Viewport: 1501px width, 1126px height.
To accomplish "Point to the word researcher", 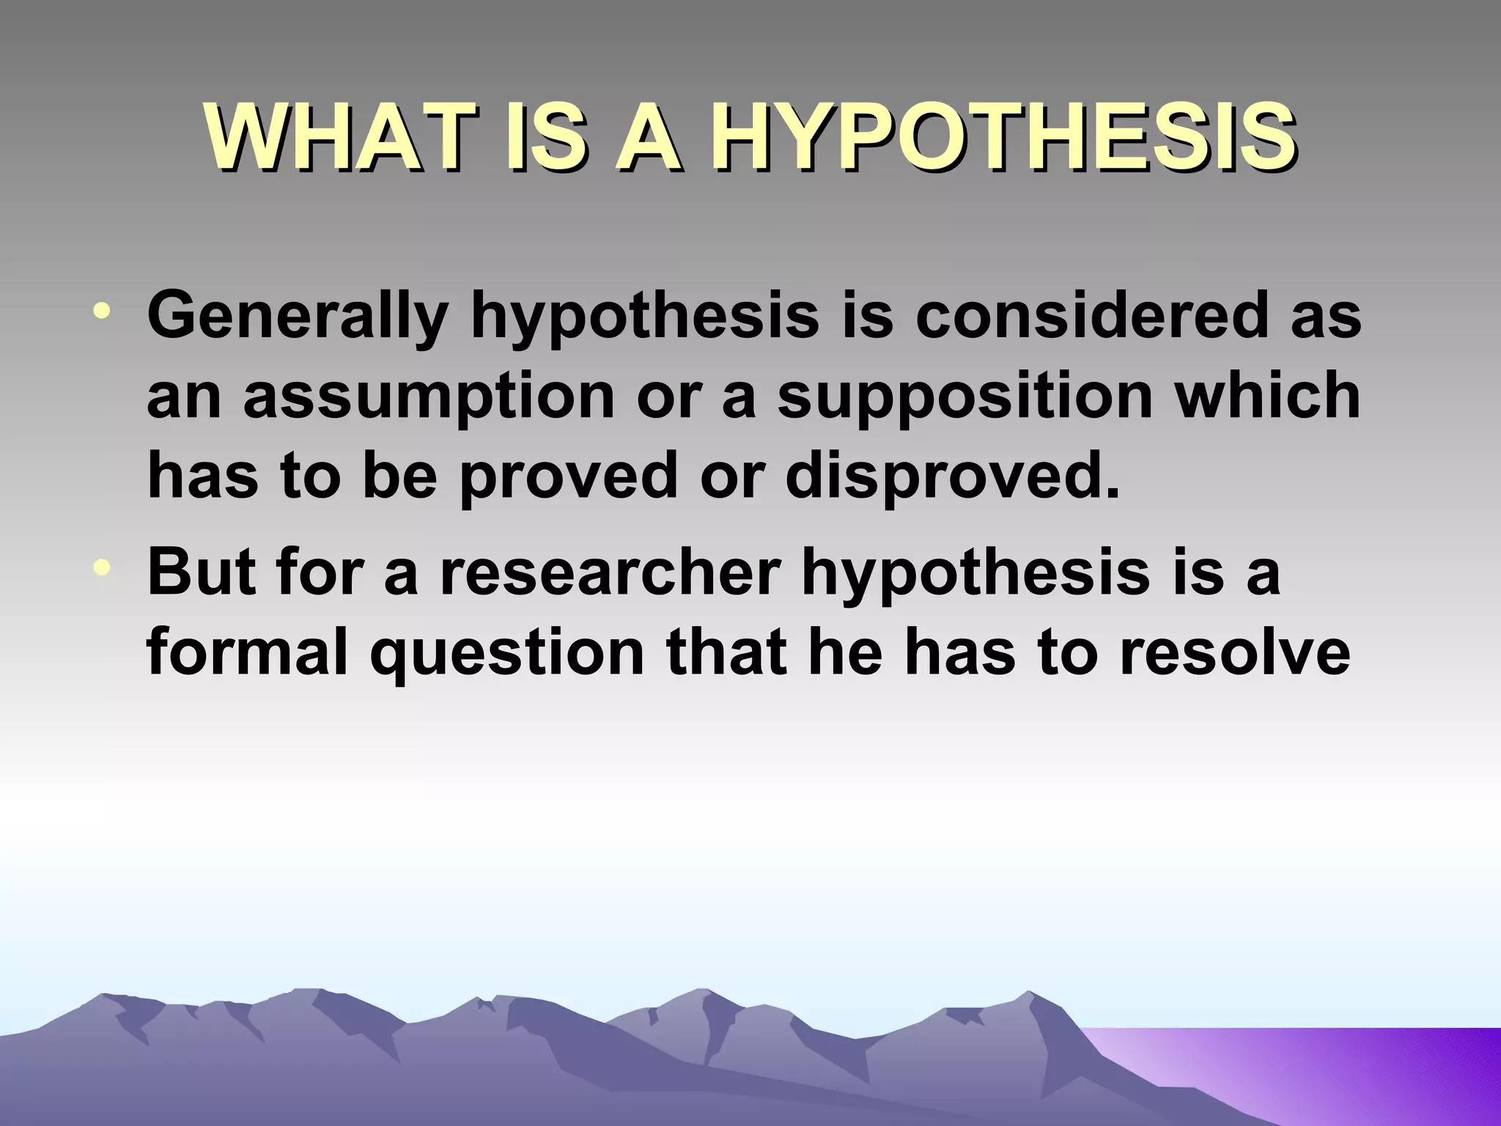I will tap(608, 573).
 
